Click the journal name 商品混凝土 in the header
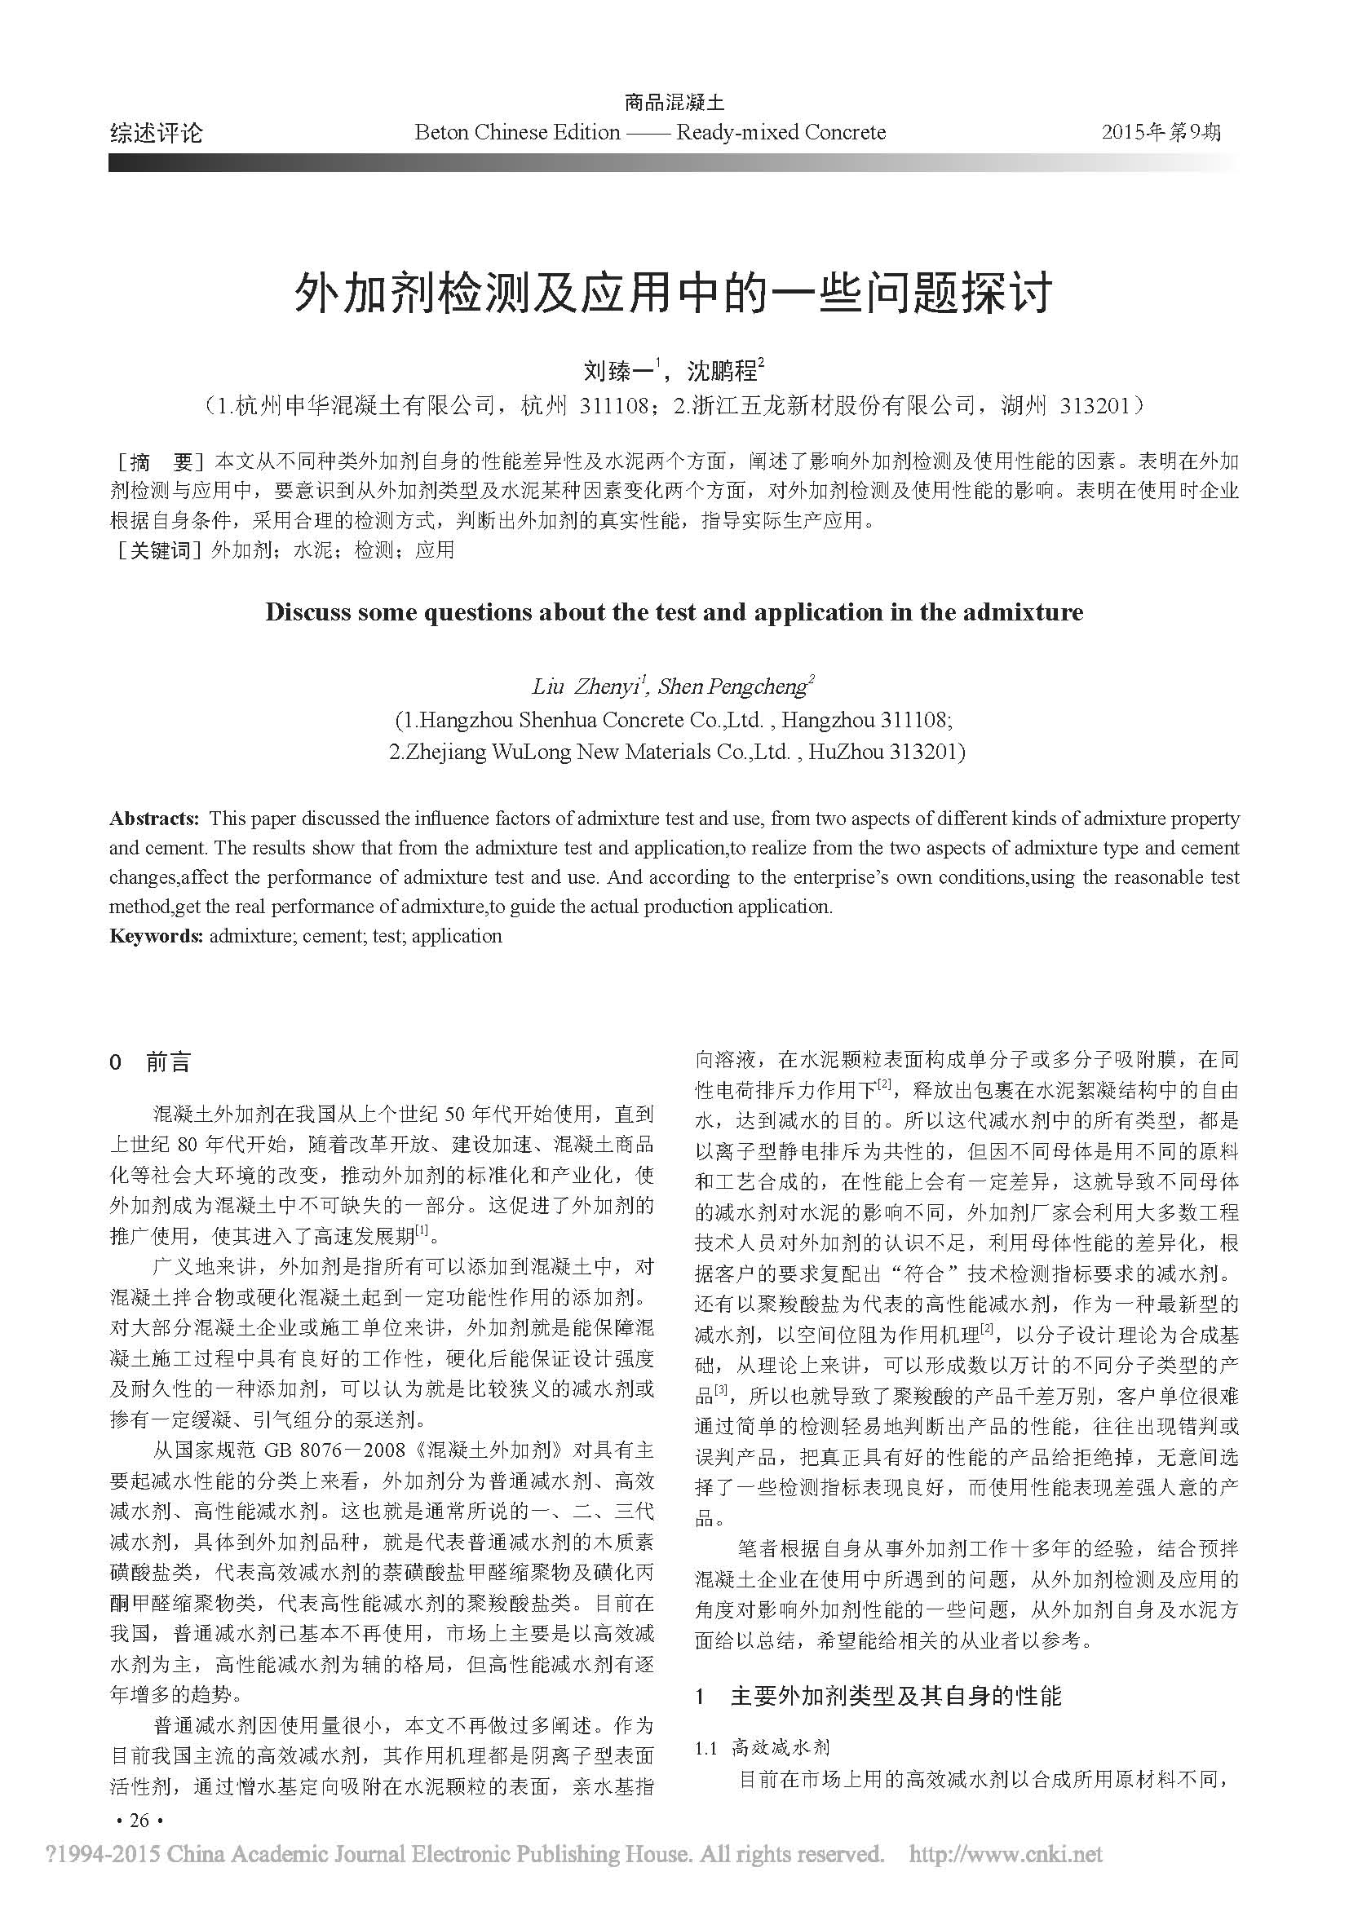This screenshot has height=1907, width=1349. pos(674,103)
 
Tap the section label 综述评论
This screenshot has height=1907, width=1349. pos(155,133)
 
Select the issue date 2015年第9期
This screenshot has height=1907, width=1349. pos(1161,132)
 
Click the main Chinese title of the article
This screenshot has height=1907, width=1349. pos(674,294)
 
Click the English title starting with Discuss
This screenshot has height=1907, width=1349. pos(674,613)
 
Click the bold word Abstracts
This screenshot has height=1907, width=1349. pos(154,819)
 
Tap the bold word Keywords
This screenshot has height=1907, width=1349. pos(156,936)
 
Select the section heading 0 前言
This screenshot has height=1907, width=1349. pos(150,1062)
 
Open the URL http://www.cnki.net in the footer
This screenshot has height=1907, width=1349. pos(1006,1854)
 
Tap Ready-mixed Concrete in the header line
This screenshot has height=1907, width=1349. pos(781,133)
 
